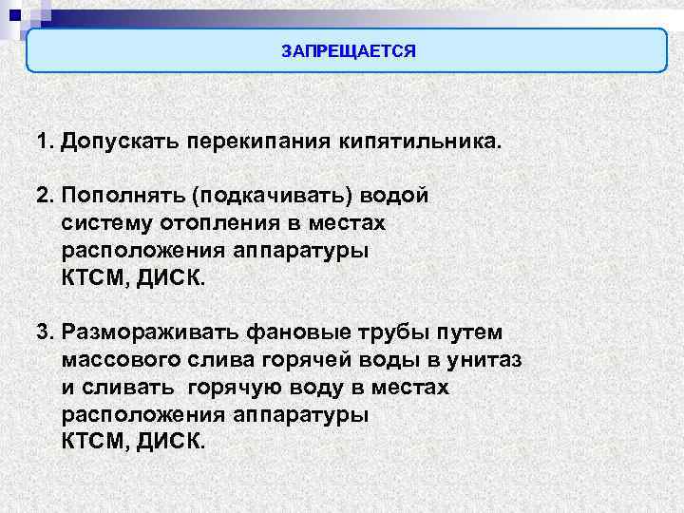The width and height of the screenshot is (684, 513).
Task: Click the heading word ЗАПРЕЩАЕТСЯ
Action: click(349, 50)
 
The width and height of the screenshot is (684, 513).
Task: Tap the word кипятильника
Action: click(417, 142)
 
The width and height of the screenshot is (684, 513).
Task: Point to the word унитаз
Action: click(488, 361)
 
